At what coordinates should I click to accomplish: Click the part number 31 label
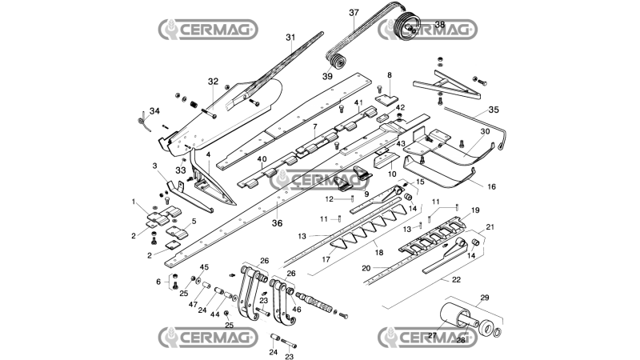pos(290,38)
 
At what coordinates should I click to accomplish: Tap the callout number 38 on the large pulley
pos(439,25)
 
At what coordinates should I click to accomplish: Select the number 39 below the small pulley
pos(327,76)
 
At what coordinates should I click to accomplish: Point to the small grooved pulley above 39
pos(338,62)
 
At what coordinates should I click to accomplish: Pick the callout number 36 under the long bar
pos(277,223)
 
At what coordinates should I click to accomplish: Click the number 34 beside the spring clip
pos(154,110)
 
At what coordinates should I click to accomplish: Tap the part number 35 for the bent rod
pos(494,110)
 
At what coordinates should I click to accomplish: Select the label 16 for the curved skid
pos(492,186)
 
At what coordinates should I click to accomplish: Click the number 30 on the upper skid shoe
pos(485,131)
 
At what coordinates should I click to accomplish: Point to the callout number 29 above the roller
pos(485,298)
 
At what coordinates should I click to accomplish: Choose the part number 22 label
pos(456,279)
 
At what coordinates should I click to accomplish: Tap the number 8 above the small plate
pos(390,75)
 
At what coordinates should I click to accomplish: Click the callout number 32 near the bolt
pos(213,82)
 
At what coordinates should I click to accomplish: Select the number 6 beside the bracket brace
pos(158,282)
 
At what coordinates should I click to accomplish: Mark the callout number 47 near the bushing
pos(193,305)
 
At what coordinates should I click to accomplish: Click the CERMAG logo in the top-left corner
pos(208,30)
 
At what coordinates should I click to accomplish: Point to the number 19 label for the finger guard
pos(475,210)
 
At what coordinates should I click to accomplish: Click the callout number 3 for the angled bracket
pos(154,166)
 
